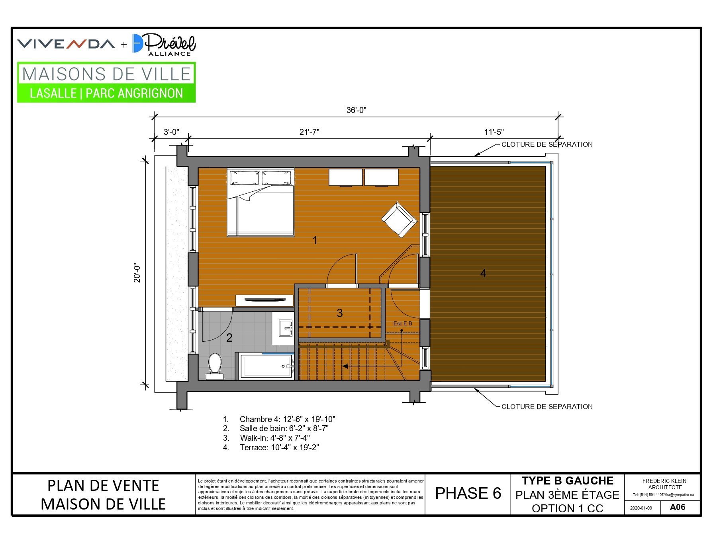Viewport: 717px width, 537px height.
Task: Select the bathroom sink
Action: pyautogui.click(x=285, y=328)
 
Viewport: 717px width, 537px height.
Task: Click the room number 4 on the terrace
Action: pyautogui.click(x=483, y=273)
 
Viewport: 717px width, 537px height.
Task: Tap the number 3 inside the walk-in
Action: pyautogui.click(x=340, y=313)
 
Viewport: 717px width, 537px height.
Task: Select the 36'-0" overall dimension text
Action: pyautogui.click(x=356, y=110)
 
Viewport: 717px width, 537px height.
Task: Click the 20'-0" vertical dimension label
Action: pyautogui.click(x=137, y=273)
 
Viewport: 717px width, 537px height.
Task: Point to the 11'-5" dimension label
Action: pyautogui.click(x=494, y=132)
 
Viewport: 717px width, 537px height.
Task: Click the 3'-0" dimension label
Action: pyautogui.click(x=172, y=132)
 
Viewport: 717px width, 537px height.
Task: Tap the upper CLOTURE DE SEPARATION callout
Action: pyautogui.click(x=547, y=144)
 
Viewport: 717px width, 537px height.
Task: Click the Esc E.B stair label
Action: pyautogui.click(x=403, y=323)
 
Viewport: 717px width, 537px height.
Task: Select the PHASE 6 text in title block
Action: pyautogui.click(x=468, y=493)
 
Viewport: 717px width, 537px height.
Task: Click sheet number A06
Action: pyautogui.click(x=678, y=507)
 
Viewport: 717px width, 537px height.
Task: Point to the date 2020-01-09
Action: pyautogui.click(x=641, y=508)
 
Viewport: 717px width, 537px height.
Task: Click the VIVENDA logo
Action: pyautogui.click(x=66, y=44)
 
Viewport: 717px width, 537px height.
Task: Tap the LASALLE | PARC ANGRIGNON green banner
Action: pyautogui.click(x=106, y=93)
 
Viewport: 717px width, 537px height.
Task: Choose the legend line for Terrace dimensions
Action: pyautogui.click(x=271, y=447)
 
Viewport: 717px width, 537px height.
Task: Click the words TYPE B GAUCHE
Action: pyautogui.click(x=568, y=481)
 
